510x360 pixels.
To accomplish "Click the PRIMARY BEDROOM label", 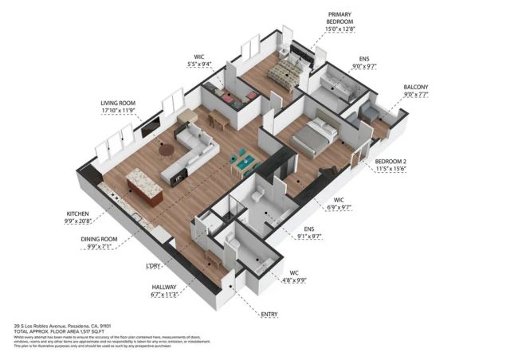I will (340, 19).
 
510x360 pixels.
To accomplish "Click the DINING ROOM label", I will (100, 239).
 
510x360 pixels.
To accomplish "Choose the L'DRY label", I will (155, 265).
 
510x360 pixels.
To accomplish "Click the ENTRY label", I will (272, 315).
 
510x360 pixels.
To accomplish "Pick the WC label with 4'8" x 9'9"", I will (294, 273).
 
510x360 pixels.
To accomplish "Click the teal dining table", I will (245, 164).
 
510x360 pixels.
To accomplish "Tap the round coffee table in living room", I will (167, 148).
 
